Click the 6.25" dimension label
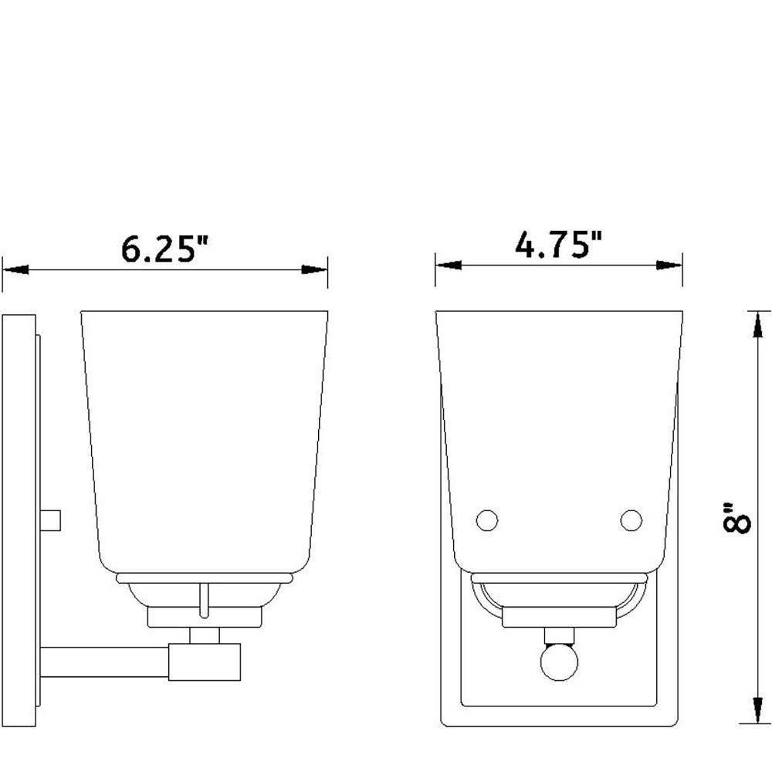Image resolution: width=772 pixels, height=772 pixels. tap(164, 249)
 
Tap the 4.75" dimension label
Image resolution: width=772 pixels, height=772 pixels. tap(558, 244)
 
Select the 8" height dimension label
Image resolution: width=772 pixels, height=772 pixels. tap(736, 517)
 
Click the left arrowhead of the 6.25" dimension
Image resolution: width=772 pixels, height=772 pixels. tap(15, 269)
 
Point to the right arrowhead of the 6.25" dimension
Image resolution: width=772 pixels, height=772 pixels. tap(315, 269)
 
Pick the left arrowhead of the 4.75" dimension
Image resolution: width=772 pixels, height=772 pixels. tap(449, 266)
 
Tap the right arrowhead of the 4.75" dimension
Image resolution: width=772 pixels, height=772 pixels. tap(669, 266)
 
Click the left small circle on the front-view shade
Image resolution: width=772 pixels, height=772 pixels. tap(487, 520)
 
